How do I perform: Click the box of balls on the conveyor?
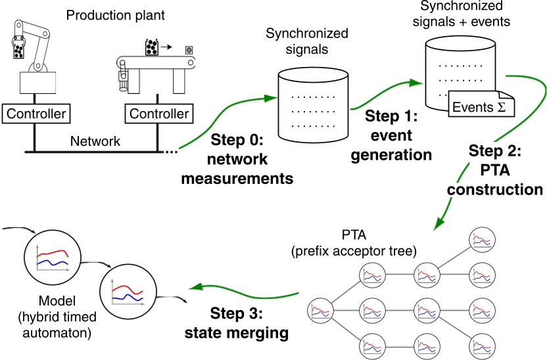click(153, 47)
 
